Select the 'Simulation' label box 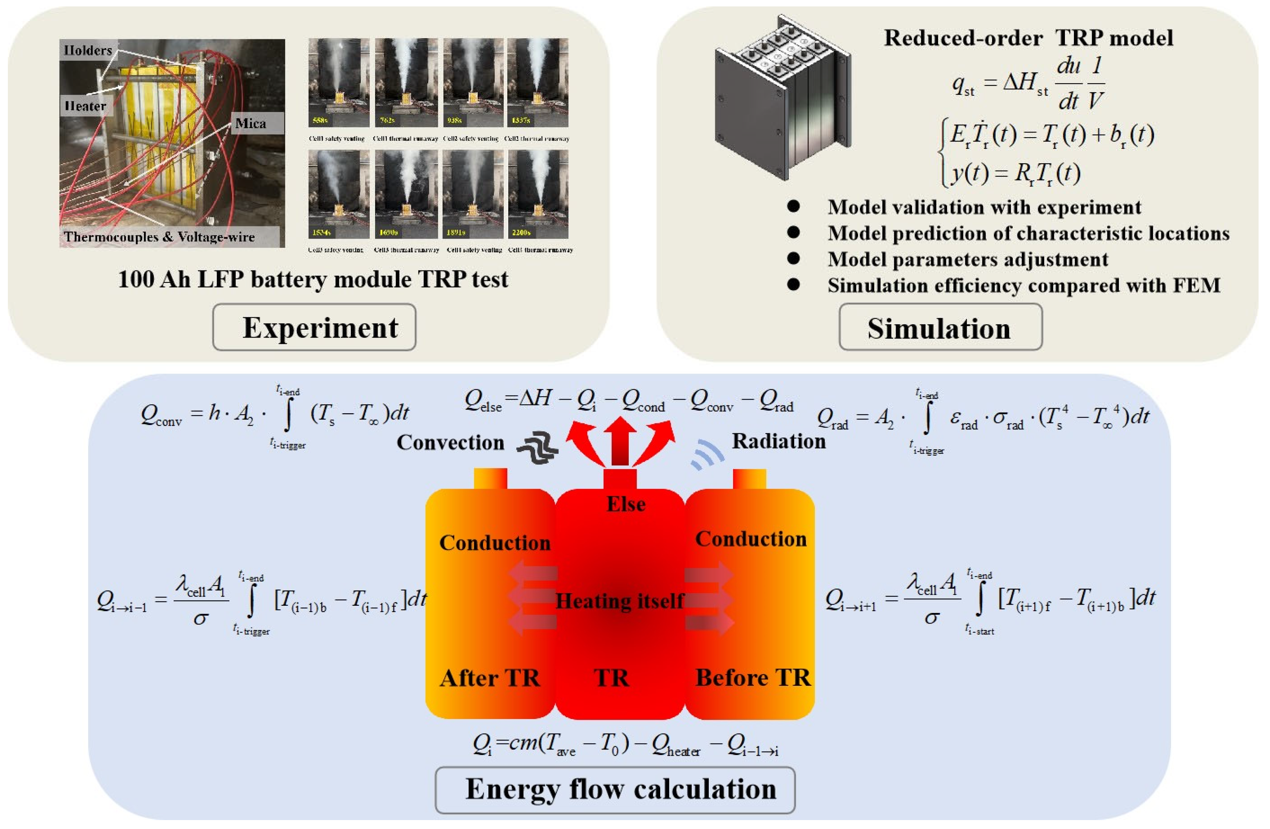pos(940,327)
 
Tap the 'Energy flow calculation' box pos(615,789)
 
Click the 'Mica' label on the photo pos(250,123)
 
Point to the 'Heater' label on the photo pos(85,106)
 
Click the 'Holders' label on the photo pos(88,50)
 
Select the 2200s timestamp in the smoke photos pos(521,233)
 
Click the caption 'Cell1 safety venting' pos(337,139)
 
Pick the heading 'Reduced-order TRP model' pos(1028,38)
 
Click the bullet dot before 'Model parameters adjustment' pos(793,259)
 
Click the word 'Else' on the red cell pos(626,504)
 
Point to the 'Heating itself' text pos(619,601)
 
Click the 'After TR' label pos(489,678)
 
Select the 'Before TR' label pos(752,678)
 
